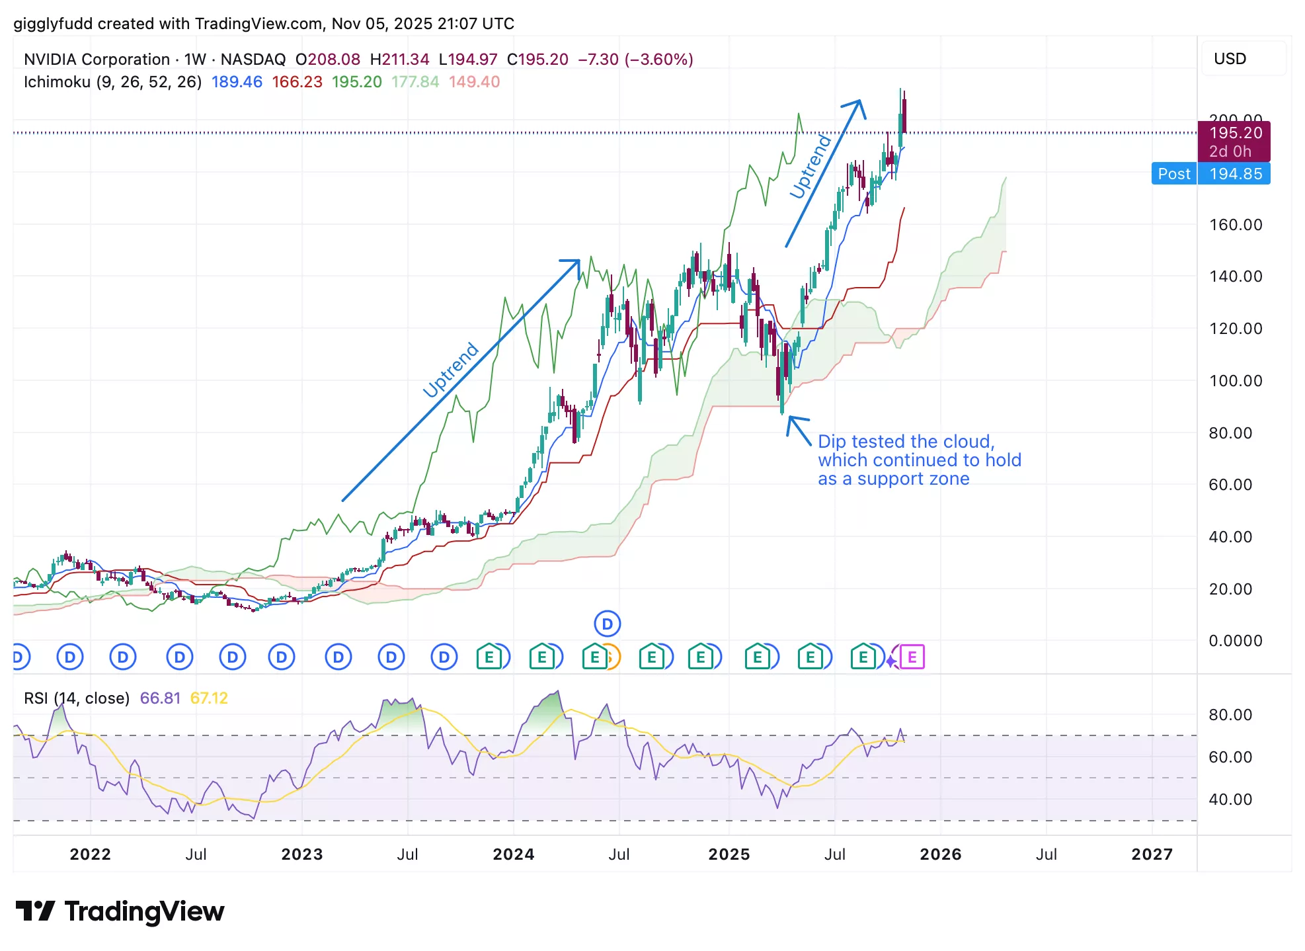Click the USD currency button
click(x=1230, y=59)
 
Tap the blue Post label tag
click(x=1173, y=174)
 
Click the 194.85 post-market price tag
click(x=1235, y=174)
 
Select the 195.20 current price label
click(x=1235, y=134)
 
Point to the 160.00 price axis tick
click(x=1235, y=225)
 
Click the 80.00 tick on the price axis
click(x=1230, y=433)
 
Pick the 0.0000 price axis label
click(x=1235, y=641)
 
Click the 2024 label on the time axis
click(x=513, y=854)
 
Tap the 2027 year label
click(x=1152, y=854)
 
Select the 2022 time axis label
click(x=91, y=854)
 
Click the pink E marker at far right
click(x=912, y=657)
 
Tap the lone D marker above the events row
click(x=607, y=624)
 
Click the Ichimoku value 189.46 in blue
click(x=237, y=82)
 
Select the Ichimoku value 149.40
click(x=474, y=82)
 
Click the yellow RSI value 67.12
click(x=209, y=698)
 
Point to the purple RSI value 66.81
click(x=160, y=698)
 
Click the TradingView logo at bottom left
click(x=120, y=911)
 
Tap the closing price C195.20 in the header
click(x=537, y=60)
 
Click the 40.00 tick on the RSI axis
click(x=1230, y=800)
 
